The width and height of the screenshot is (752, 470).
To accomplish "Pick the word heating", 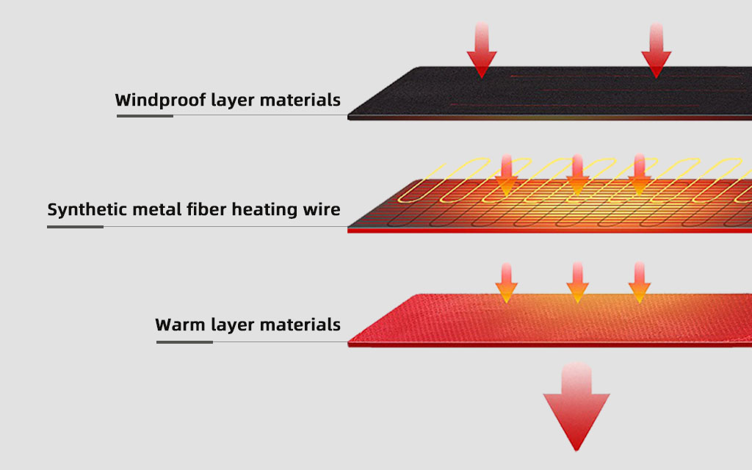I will (264, 210).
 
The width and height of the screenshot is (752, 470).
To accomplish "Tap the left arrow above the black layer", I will (482, 51).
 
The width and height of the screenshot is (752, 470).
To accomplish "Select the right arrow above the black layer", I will (656, 51).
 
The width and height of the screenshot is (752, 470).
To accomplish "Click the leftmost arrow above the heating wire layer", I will (506, 176).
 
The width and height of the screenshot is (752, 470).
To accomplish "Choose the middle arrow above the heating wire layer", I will (577, 176).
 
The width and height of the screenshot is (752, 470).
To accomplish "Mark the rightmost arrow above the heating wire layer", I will (640, 176).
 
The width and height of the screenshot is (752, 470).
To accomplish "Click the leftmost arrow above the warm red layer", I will (505, 283).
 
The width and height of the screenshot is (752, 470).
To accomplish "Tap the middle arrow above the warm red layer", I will (577, 283).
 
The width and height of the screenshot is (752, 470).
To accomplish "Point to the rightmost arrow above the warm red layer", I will (639, 283).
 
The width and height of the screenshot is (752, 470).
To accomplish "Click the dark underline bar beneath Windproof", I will (145, 115).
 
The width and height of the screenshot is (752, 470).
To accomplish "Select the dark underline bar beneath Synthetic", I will (76, 226).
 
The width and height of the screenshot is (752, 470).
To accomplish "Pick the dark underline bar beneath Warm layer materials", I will (184, 341).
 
